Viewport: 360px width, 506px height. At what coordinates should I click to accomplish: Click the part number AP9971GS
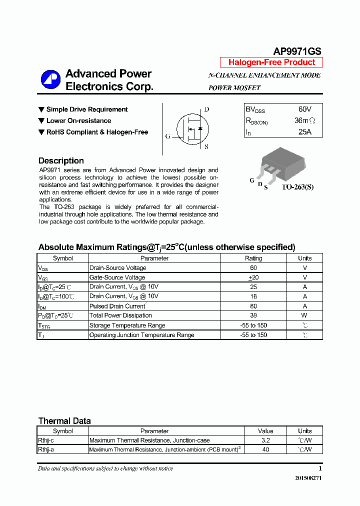[x=297, y=51]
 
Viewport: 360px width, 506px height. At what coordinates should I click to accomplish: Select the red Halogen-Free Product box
[x=271, y=62]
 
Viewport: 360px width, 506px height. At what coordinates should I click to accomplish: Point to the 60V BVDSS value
[x=304, y=109]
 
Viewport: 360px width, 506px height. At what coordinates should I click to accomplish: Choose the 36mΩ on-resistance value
[x=304, y=120]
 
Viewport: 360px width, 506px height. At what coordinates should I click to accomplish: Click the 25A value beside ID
[x=304, y=132]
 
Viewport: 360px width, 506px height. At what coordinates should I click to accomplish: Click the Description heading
[x=61, y=160]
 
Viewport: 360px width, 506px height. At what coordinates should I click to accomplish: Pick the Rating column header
[x=253, y=258]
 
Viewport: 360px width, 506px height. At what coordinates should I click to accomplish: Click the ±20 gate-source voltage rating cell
[x=253, y=277]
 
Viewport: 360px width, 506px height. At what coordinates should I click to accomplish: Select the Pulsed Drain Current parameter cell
[x=117, y=306]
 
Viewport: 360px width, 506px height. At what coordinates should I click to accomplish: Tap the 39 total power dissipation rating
[x=253, y=315]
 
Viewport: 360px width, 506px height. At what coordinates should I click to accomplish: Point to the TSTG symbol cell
[x=62, y=325]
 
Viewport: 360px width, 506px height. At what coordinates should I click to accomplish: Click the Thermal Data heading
[x=64, y=421]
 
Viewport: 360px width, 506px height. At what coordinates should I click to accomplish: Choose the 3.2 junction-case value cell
[x=265, y=440]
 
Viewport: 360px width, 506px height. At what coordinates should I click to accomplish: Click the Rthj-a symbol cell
[x=62, y=449]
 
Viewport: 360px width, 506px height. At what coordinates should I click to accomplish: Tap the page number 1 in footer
[x=320, y=468]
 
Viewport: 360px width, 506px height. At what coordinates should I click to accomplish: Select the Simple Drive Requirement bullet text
[x=86, y=109]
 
